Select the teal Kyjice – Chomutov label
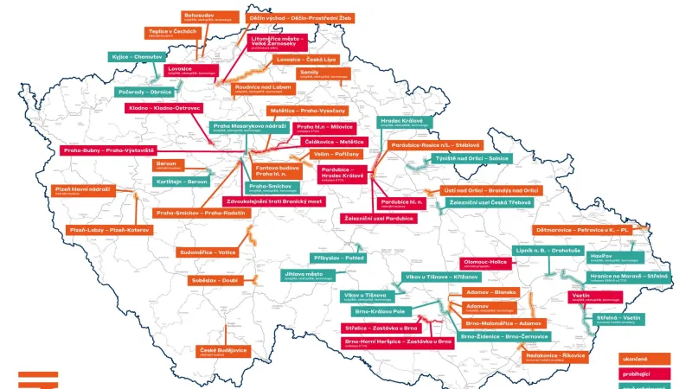(x=136, y=56)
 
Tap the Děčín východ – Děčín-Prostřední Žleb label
(x=300, y=17)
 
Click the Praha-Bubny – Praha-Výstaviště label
(x=107, y=150)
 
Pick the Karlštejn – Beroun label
(x=182, y=182)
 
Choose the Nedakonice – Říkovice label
(x=554, y=355)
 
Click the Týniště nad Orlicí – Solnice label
(x=472, y=159)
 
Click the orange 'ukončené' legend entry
(x=645, y=358)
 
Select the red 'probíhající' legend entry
(x=645, y=373)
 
